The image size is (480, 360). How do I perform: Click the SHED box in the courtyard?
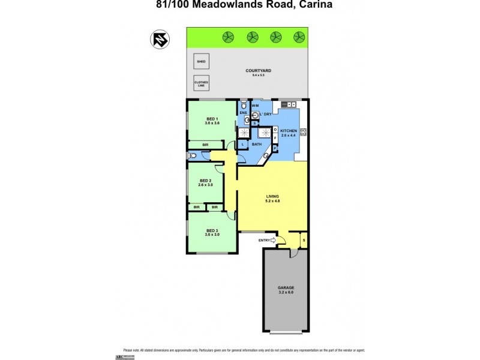click(x=202, y=61)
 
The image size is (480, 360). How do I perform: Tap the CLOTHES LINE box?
click(x=202, y=84)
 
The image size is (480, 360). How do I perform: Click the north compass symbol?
click(x=159, y=39)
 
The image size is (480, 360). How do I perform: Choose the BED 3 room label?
click(x=212, y=231)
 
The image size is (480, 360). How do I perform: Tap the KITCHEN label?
click(x=289, y=131)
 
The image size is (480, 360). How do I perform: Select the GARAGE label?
click(x=286, y=288)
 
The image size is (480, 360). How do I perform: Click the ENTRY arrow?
click(x=274, y=241)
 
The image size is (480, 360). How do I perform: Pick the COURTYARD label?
click(x=258, y=71)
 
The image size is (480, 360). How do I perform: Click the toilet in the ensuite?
click(x=243, y=105)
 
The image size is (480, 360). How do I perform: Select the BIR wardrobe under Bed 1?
click(x=205, y=145)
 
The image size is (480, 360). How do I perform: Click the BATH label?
click(x=256, y=144)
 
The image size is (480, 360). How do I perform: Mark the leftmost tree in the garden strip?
click(x=228, y=37)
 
